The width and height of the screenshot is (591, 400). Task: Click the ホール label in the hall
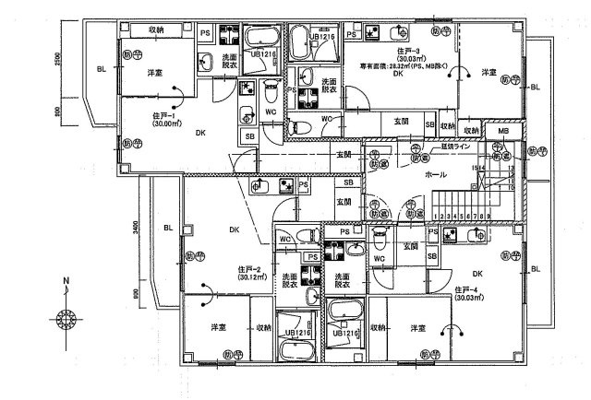[436, 174]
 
